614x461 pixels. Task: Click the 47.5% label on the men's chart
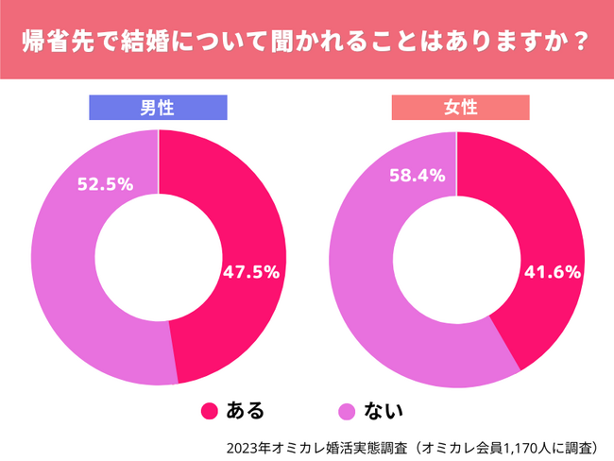[251, 272]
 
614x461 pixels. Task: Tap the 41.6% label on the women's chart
[550, 272]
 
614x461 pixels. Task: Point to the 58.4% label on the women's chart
[417, 176]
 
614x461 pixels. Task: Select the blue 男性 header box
[158, 108]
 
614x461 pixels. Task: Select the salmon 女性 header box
[460, 108]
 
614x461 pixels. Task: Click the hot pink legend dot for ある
[210, 411]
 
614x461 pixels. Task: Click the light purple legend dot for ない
[348, 411]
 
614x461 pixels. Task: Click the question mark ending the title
[583, 43]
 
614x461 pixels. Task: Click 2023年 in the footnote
[246, 444]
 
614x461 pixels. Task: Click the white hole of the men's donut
[159, 257]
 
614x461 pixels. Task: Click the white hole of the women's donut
[457, 257]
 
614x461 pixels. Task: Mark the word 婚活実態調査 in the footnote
[360, 444]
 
